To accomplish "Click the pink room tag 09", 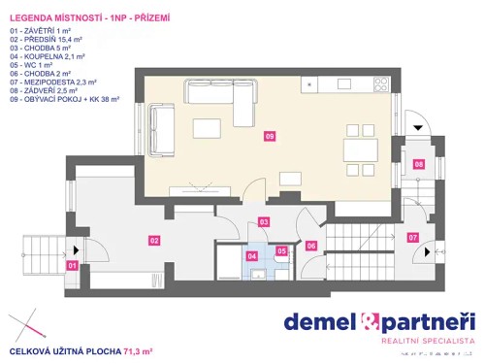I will click(269, 137).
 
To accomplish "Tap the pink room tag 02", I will click(153, 239).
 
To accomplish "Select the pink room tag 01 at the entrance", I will click(72, 264).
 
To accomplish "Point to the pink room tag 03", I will click(264, 222).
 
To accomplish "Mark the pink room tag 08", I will click(419, 164).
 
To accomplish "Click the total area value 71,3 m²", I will click(135, 349).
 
